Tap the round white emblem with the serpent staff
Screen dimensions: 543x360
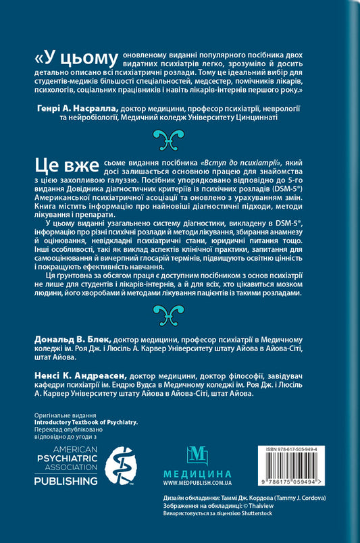click(120, 466)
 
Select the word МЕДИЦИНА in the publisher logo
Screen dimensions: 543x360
click(194, 474)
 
